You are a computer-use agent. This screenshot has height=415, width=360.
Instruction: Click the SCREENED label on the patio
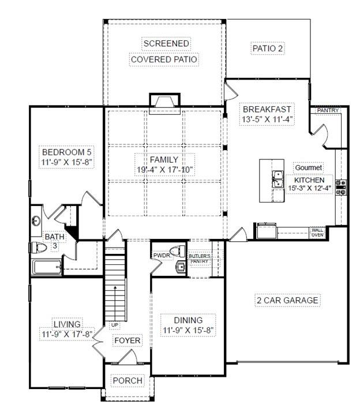click(166, 44)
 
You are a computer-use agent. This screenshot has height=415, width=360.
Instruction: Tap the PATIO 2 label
click(267, 49)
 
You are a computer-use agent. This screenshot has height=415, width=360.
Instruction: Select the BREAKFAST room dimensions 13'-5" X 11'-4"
click(267, 120)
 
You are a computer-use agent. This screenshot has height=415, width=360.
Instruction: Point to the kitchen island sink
click(277, 179)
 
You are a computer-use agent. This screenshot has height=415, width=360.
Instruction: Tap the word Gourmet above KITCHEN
click(308, 168)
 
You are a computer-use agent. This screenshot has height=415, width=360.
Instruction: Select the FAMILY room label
click(164, 159)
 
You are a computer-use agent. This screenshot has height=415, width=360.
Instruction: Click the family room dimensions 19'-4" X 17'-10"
click(164, 170)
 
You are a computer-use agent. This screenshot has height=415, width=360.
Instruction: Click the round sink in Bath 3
click(36, 220)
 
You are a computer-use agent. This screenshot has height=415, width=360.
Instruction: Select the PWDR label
click(160, 255)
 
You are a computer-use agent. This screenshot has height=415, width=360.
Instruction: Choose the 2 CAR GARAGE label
click(287, 300)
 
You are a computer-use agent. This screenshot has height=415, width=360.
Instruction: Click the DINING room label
click(188, 320)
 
